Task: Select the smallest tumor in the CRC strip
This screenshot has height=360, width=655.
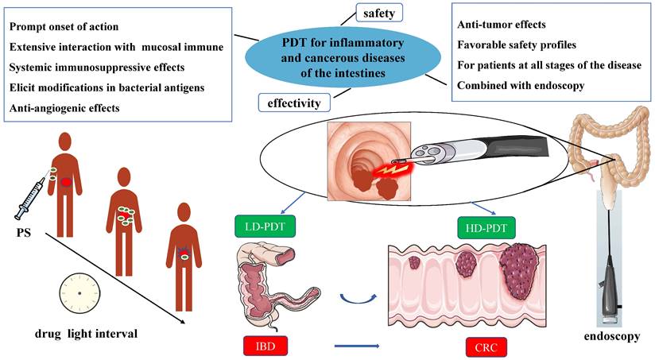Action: tap(413, 261)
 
